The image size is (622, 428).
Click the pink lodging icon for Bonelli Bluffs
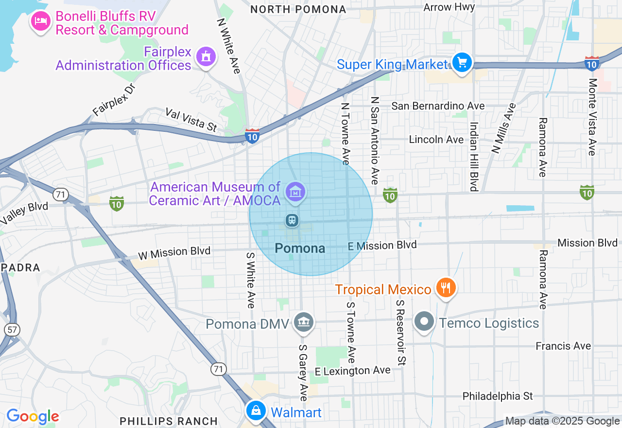[x=41, y=21]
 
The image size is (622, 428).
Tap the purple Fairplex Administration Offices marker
[x=206, y=56]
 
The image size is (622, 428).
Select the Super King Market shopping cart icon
[x=462, y=63]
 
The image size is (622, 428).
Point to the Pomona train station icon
[x=292, y=220]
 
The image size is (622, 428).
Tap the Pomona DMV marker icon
[x=304, y=321]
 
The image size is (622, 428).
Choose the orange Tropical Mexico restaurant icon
[x=445, y=287]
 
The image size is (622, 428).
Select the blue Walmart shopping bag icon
[x=256, y=411]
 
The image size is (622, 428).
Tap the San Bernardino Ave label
[x=438, y=106]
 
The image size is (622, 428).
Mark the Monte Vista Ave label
[x=591, y=117]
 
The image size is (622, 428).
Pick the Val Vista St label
[x=191, y=120]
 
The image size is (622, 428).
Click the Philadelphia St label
[x=498, y=396]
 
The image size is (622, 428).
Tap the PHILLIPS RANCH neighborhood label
[x=169, y=421]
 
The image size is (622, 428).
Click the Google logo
[x=33, y=416]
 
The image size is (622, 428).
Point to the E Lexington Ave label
[x=352, y=371]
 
